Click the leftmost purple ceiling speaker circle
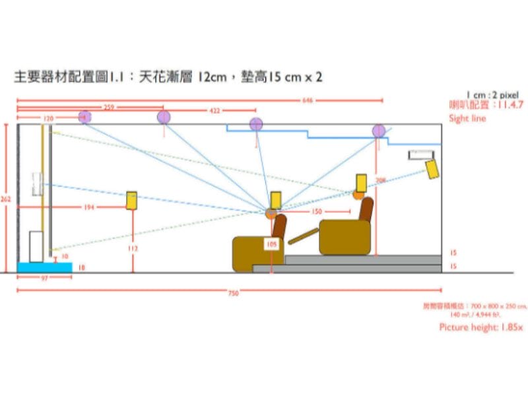[84, 117]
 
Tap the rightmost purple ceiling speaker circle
[378, 131]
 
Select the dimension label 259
[110, 106]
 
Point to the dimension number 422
[214, 111]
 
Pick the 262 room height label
[6, 198]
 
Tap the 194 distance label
[89, 207]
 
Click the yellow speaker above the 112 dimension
[132, 200]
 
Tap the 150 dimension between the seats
[316, 212]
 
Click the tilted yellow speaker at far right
[432, 169]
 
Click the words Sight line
[467, 119]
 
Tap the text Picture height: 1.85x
[480, 327]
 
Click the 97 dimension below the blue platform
[45, 279]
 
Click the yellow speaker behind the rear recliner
[361, 183]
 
